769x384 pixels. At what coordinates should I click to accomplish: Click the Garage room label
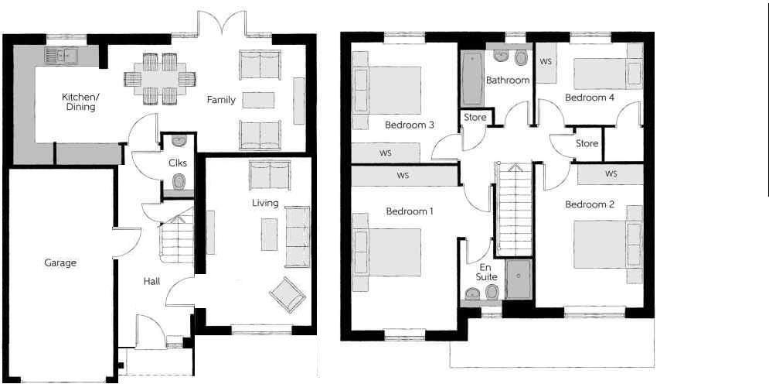(x=60, y=262)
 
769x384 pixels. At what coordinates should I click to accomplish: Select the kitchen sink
(x=60, y=54)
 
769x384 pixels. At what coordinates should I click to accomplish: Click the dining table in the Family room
(x=160, y=78)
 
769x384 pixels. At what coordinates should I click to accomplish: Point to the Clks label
(x=177, y=163)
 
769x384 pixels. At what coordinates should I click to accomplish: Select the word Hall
(x=151, y=281)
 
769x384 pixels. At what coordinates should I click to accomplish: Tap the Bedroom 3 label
(x=409, y=125)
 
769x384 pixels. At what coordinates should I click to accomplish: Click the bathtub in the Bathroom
(x=471, y=80)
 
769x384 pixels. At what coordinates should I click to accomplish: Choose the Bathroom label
(x=508, y=80)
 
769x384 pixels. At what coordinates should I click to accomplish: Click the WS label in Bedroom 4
(x=545, y=60)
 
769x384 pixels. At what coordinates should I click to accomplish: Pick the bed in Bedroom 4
(x=606, y=73)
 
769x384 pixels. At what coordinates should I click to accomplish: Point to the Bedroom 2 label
(x=589, y=204)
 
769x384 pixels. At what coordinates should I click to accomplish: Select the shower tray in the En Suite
(x=519, y=279)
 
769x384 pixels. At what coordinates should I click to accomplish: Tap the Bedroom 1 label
(x=410, y=211)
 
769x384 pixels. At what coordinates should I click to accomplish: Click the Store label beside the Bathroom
(x=475, y=118)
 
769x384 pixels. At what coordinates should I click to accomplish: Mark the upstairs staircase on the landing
(x=512, y=209)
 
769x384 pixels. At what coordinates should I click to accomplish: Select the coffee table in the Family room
(x=258, y=100)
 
